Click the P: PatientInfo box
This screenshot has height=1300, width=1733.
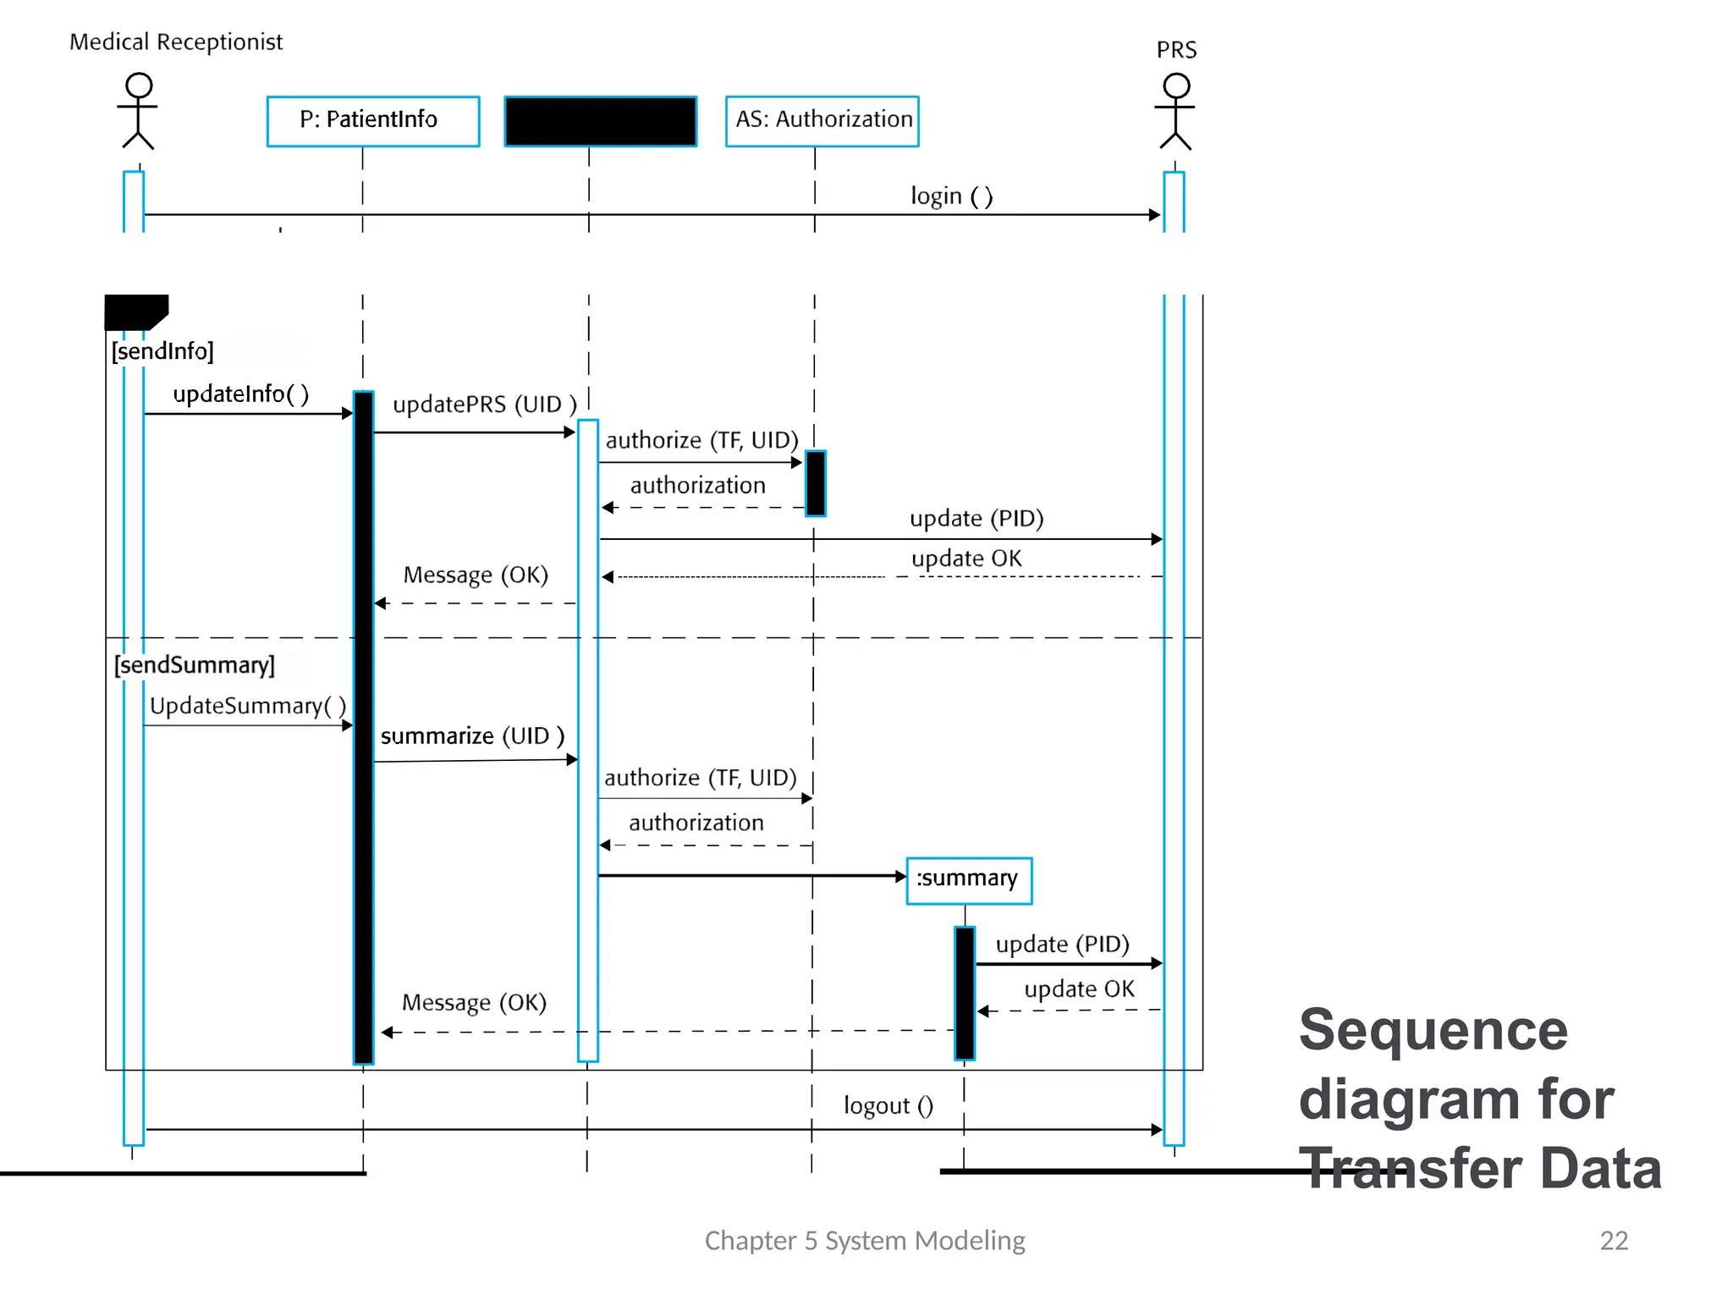373,121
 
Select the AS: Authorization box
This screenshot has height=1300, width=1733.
822,121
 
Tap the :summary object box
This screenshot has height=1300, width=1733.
968,880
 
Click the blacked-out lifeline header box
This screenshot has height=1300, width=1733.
600,121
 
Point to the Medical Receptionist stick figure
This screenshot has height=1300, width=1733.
138,111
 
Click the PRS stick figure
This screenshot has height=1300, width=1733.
1175,111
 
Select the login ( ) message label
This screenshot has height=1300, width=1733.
951,196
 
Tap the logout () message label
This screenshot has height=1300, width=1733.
888,1105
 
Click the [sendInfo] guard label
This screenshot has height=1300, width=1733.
162,350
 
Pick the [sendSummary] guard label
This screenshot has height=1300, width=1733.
195,664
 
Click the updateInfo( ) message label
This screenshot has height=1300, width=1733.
240,394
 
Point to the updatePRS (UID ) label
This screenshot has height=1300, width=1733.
484,404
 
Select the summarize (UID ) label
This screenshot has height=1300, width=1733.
472,735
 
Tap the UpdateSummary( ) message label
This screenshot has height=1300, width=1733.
247,705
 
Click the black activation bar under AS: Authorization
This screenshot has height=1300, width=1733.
815,483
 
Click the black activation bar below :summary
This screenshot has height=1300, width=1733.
965,993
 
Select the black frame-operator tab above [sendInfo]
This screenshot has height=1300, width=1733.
135,311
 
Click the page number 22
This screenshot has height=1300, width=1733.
1613,1240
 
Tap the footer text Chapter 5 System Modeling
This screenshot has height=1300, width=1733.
864,1240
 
